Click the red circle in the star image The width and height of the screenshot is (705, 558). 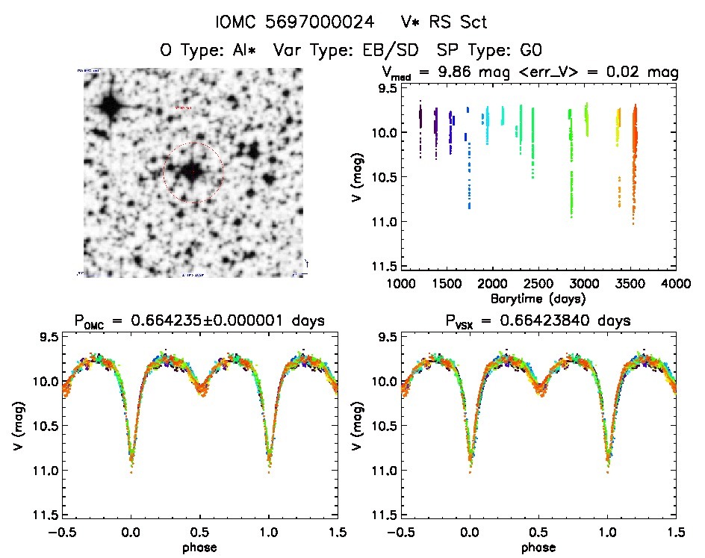(193, 173)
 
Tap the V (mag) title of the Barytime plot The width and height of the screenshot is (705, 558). (357, 177)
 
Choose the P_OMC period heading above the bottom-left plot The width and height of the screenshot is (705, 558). (199, 321)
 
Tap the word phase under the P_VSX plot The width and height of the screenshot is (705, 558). (538, 547)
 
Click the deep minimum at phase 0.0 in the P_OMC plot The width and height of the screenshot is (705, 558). (131, 467)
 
